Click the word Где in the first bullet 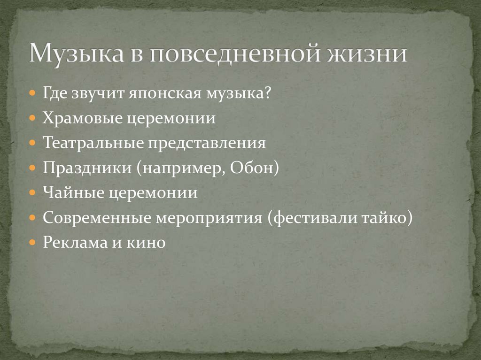pyautogui.click(x=56, y=92)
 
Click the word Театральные pyautogui.click(x=93, y=143)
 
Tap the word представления pyautogui.click(x=208, y=143)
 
